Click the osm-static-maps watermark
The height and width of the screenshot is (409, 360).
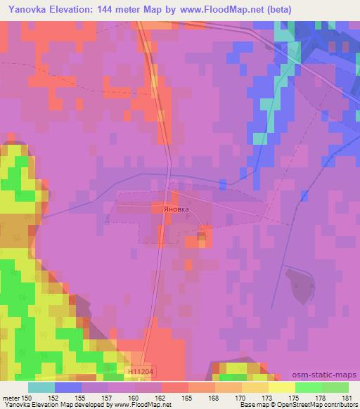click(325, 375)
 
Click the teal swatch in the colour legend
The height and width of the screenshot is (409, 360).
click(41, 387)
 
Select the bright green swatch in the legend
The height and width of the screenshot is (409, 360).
click(309, 387)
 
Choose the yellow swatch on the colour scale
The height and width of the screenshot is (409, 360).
click(282, 387)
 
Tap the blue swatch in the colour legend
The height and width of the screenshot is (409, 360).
click(68, 387)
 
